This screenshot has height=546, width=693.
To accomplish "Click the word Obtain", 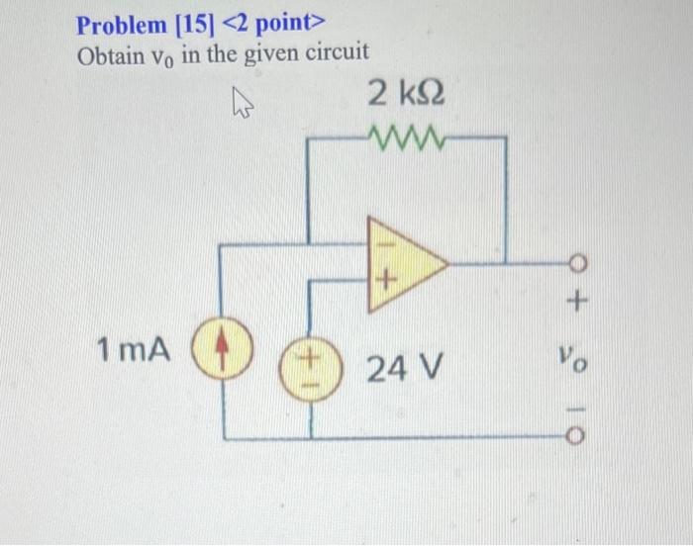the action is [110, 52].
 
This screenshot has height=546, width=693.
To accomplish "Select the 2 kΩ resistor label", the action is [406, 96].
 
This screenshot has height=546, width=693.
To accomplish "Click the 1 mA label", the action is [134, 349].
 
